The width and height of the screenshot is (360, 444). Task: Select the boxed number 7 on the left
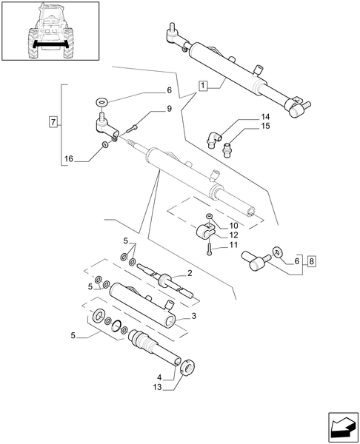pyautogui.click(x=52, y=121)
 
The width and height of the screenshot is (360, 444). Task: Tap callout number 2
pyautogui.click(x=190, y=273)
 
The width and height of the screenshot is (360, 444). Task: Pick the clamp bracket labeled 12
pyautogui.click(x=201, y=235)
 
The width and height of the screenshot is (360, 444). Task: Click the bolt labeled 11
pyautogui.click(x=210, y=250)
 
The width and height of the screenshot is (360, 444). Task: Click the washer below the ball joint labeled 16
pyautogui.click(x=104, y=145)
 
